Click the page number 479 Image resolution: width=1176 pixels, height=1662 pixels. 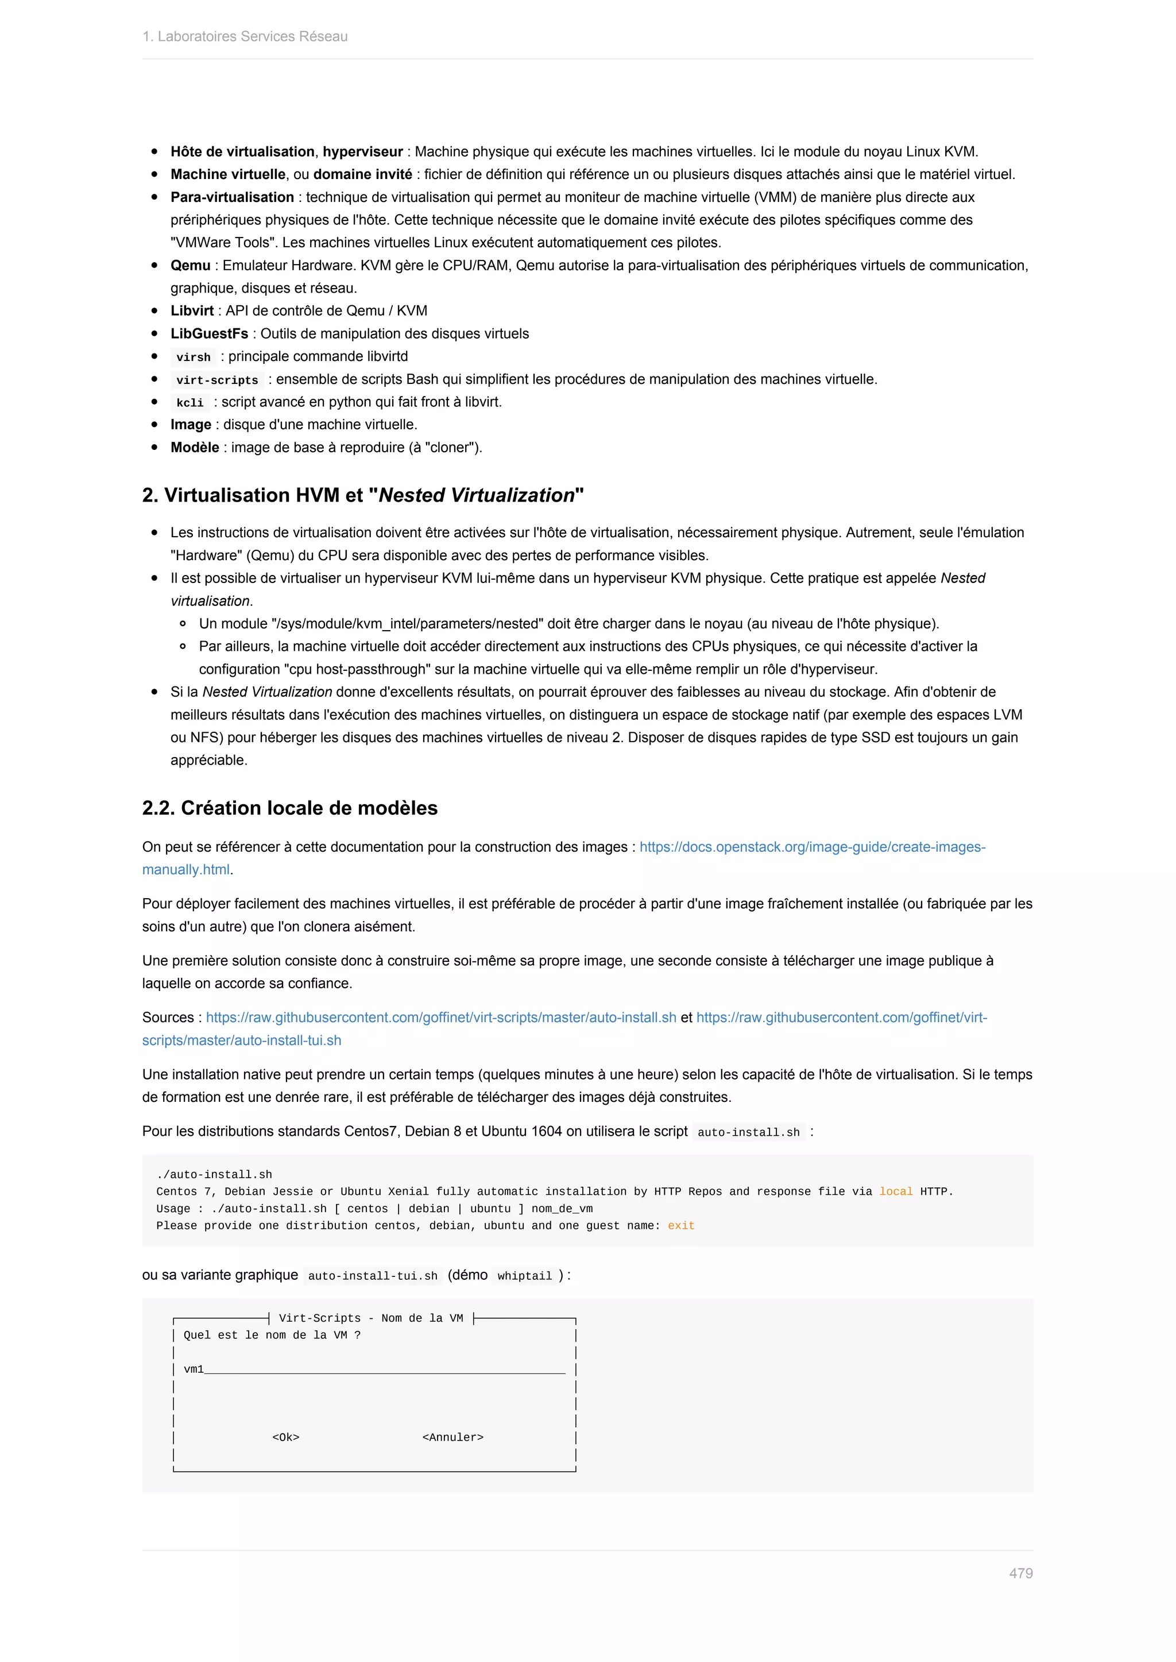pos(1020,1573)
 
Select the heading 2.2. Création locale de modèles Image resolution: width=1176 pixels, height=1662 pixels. pos(289,808)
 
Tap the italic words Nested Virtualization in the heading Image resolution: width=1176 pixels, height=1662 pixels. pos(477,495)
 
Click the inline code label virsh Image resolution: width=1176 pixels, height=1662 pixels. pos(194,357)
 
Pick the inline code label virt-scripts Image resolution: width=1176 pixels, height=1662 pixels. pos(217,380)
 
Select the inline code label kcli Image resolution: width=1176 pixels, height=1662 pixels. pos(189,402)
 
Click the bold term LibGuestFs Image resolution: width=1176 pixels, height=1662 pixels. pos(209,333)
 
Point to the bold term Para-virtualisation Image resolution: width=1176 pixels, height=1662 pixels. pos(232,197)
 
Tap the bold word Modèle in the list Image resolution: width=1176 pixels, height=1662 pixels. pos(195,447)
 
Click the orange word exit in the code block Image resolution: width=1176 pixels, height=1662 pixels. pos(680,1225)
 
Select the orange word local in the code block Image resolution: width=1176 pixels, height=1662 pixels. pos(896,1191)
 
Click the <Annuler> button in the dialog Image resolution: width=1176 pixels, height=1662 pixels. pos(452,1437)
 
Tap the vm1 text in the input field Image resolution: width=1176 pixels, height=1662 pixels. pos(194,1369)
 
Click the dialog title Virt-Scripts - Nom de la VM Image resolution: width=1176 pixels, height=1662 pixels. pos(371,1318)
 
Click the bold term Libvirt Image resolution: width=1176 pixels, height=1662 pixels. pos(192,310)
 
